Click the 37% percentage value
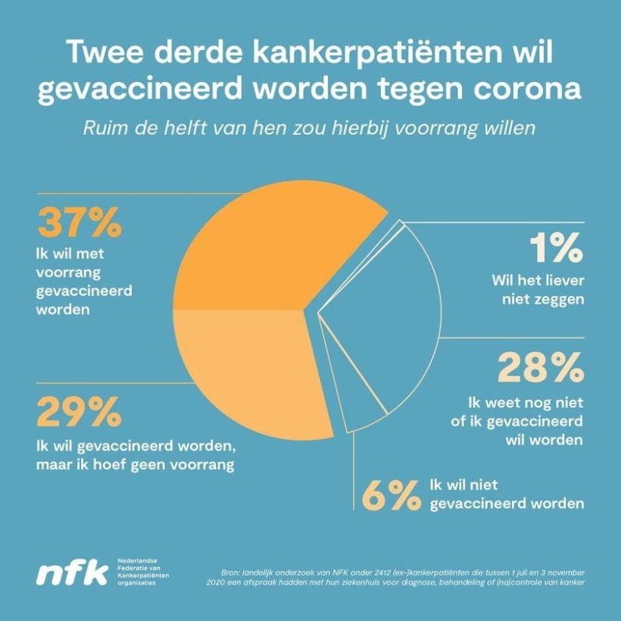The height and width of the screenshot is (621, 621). [x=79, y=223]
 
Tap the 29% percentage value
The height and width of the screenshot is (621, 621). [x=79, y=413]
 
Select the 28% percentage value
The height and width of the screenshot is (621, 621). [x=540, y=368]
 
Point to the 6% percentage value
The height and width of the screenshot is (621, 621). [x=391, y=495]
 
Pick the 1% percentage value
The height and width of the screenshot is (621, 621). [x=556, y=247]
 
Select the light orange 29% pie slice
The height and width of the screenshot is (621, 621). [x=250, y=371]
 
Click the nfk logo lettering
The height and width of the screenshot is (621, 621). [x=73, y=573]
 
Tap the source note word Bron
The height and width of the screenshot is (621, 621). [x=229, y=570]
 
